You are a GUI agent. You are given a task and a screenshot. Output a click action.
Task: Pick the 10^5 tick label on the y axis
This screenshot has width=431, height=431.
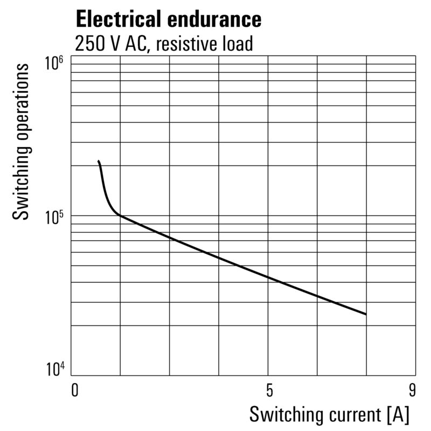pos(53,217)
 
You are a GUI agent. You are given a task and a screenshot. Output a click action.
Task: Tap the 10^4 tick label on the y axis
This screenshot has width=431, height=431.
pos(53,370)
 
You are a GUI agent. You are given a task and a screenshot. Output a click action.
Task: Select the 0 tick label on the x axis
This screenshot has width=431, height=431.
pos(75,390)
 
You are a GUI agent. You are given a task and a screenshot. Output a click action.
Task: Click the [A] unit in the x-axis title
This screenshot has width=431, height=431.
pos(398,414)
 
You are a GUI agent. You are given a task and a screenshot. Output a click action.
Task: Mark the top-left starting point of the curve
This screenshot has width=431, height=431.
pos(99,161)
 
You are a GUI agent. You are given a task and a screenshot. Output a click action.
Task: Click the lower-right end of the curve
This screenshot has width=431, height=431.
pos(366,314)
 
